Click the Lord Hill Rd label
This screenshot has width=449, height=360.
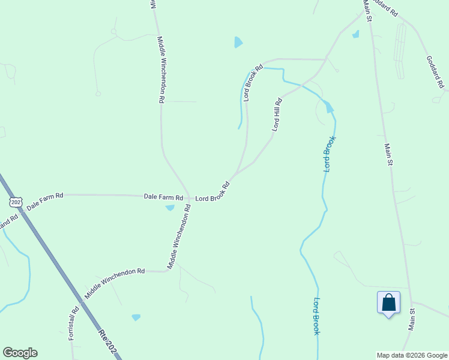(x=277, y=115)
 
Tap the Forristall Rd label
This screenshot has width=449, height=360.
(x=74, y=324)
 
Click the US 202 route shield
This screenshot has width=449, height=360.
(x=16, y=202)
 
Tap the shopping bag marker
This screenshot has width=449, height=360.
(x=388, y=302)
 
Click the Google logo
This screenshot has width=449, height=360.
(x=20, y=353)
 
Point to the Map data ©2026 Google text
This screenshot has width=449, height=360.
(x=411, y=355)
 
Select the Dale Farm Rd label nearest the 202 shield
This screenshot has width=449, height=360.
(x=45, y=199)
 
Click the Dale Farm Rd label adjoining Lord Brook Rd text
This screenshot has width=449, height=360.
(x=163, y=196)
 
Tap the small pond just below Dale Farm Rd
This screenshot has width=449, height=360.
(x=170, y=208)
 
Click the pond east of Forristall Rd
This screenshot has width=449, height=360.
(x=136, y=317)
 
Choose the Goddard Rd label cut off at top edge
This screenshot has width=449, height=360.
(x=385, y=7)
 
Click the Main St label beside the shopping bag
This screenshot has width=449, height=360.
(x=413, y=319)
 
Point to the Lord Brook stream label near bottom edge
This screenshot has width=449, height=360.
(x=316, y=316)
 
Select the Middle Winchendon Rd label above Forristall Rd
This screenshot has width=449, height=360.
(x=115, y=283)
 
